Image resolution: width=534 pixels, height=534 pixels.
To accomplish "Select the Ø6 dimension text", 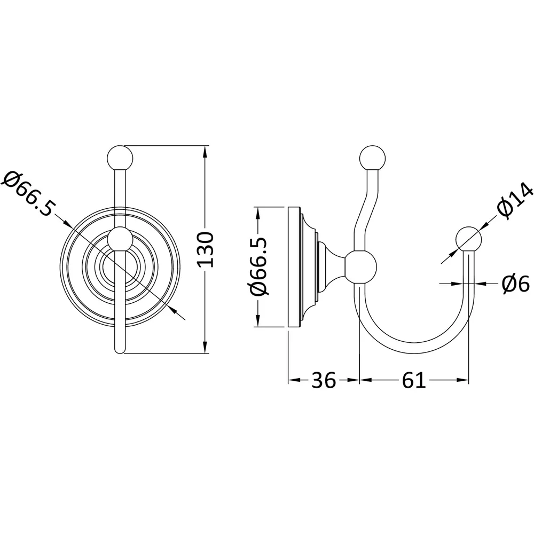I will pos(515,284).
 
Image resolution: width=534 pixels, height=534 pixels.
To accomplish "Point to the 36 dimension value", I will pos(323,380).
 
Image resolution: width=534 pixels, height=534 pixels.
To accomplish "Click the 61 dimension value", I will pos(414,380).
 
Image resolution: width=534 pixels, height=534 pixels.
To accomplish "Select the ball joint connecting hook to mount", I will pos(360,265).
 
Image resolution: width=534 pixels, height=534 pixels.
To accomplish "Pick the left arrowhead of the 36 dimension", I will pos(292,380).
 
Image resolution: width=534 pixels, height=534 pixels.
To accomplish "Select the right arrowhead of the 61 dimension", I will pos(466,380).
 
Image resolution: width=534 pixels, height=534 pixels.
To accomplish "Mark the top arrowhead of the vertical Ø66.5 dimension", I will pos(258,210).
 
